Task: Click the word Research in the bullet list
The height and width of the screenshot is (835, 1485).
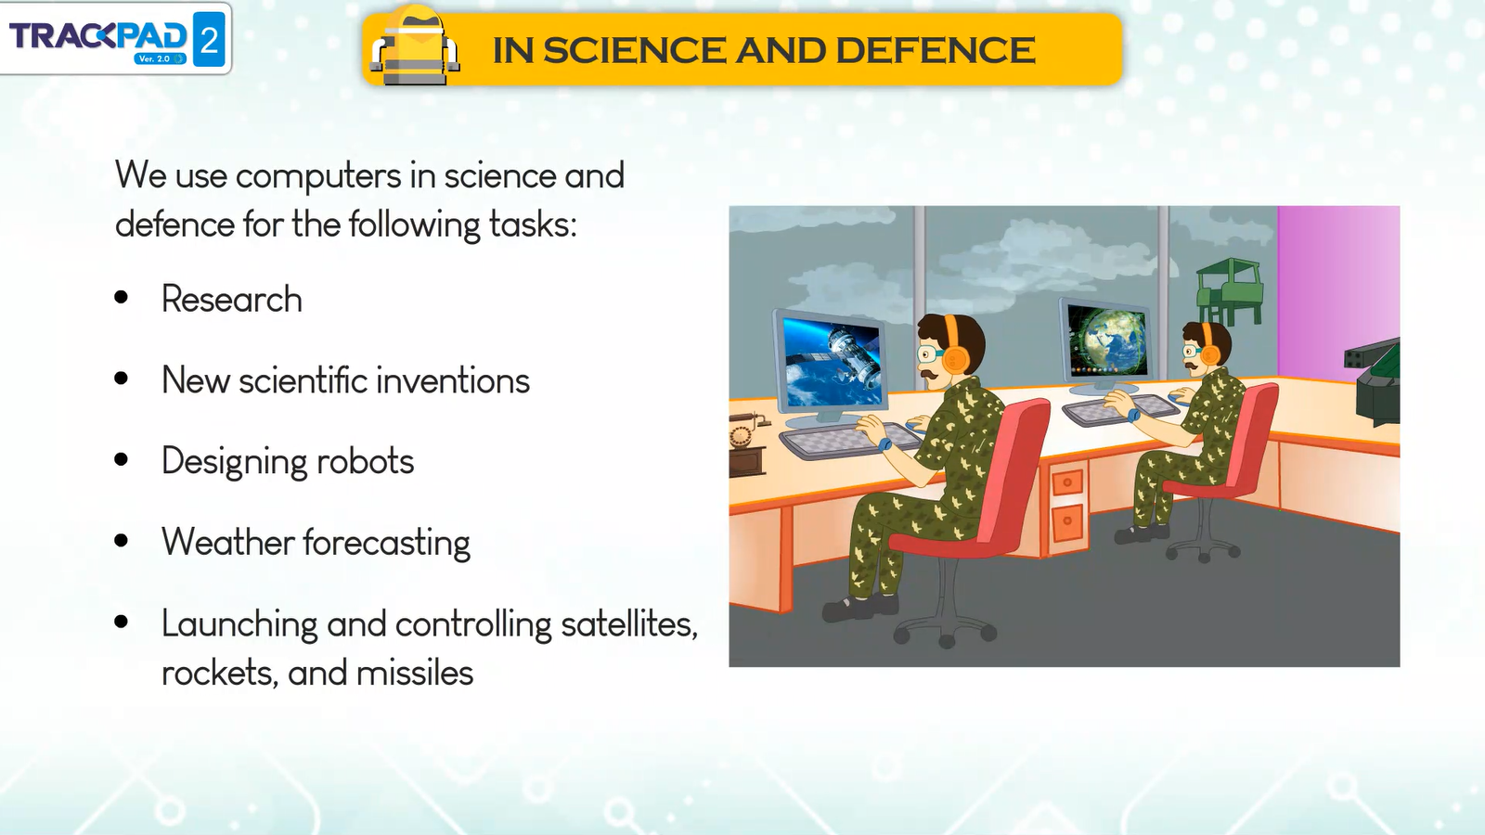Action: [232, 299]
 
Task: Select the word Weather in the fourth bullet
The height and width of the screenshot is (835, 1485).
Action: [228, 542]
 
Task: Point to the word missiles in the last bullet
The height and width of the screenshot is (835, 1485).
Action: [415, 673]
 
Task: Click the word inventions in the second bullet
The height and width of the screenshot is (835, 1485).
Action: [453, 379]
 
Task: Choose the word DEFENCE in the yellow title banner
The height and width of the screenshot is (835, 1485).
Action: [935, 50]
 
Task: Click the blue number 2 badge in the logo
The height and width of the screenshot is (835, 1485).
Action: [209, 39]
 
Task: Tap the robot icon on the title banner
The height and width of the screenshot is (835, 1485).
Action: [414, 45]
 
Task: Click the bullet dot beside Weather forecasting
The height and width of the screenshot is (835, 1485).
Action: [122, 541]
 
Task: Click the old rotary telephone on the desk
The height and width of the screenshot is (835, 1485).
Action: [747, 442]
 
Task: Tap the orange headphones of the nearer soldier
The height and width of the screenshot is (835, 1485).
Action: [954, 347]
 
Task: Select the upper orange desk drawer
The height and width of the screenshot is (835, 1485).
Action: [1066, 482]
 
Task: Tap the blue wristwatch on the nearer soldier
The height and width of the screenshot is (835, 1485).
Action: [885, 444]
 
